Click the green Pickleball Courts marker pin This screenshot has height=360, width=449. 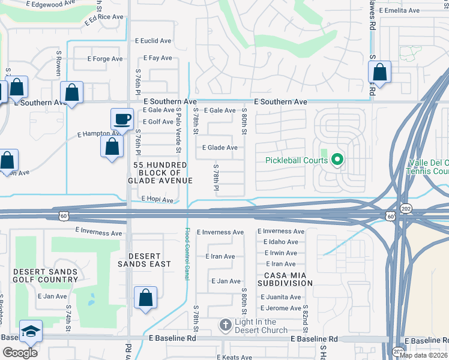337,160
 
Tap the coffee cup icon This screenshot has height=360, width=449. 122,119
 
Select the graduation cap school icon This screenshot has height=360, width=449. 30,332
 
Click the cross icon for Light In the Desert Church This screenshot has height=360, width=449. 225,325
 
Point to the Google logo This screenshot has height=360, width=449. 20,353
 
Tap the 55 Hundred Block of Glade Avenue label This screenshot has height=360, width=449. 160,172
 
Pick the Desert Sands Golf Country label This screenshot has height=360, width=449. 46,276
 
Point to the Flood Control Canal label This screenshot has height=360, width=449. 186,252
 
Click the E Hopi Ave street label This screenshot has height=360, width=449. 157,199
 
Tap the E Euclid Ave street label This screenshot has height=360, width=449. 152,41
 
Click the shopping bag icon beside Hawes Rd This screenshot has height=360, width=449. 380,72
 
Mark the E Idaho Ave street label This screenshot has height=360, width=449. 280,241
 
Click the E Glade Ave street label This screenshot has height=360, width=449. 220,148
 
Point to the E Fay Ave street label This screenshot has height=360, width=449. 157,58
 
